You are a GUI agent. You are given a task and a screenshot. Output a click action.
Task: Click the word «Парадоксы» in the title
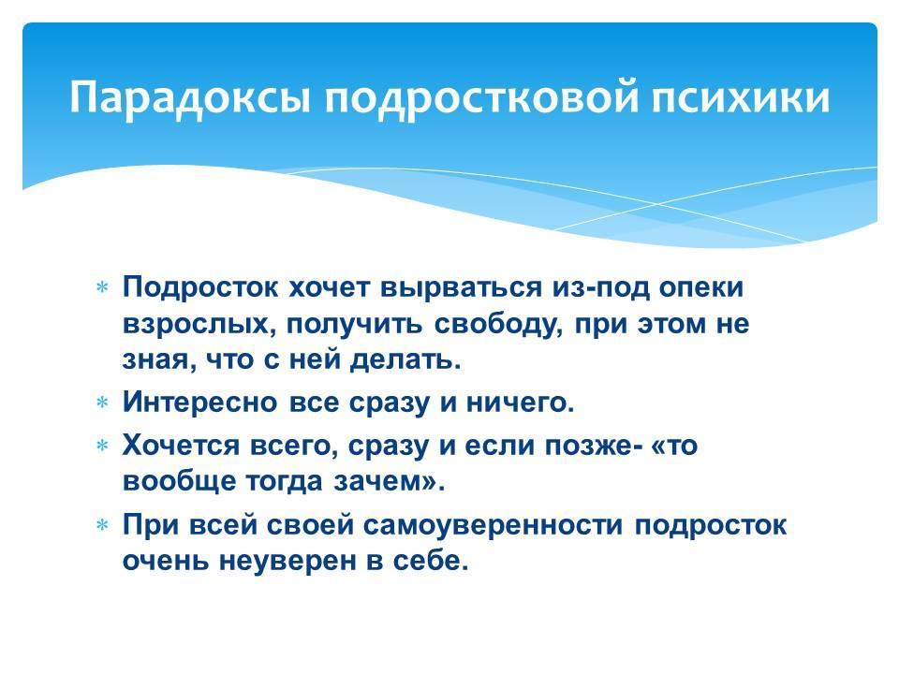190,96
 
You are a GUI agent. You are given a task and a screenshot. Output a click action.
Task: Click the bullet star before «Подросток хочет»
103,287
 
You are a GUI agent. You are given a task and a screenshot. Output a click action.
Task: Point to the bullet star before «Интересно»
103,403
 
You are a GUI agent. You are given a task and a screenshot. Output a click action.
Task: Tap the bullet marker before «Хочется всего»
103,446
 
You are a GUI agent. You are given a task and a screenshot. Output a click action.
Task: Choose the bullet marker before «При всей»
103,525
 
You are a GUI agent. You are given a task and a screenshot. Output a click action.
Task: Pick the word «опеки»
701,287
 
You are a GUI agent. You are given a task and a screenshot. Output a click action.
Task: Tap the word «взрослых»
199,325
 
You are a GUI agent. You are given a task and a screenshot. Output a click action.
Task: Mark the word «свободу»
497,324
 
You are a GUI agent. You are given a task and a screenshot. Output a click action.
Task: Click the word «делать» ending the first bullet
405,360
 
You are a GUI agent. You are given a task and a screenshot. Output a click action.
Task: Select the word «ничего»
520,403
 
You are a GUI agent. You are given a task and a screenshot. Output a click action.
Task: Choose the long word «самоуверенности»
494,525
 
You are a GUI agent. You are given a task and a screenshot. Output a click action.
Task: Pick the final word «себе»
431,561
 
